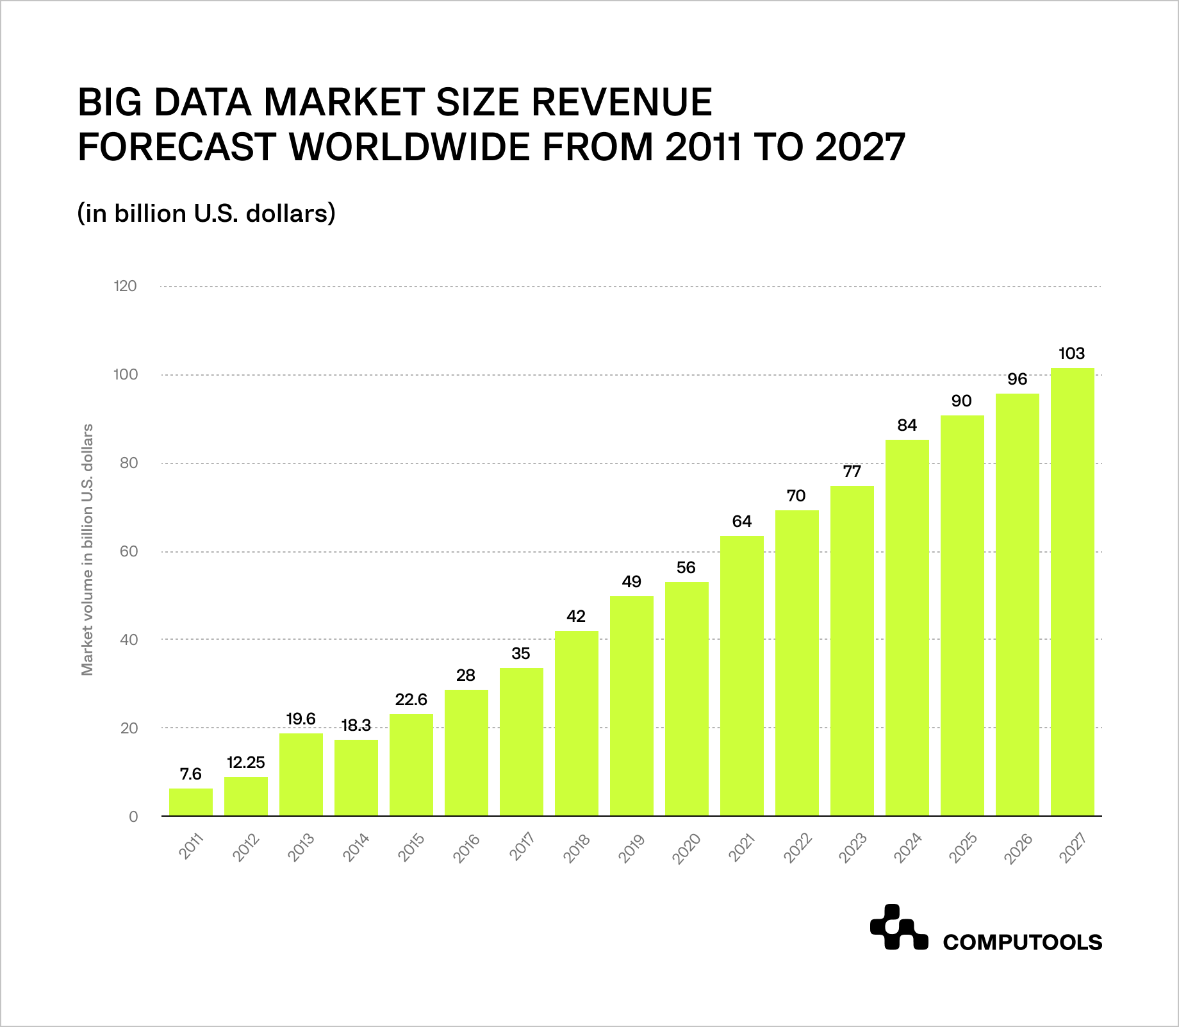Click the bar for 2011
coord(191,802)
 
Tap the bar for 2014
coord(356,778)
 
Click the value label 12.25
coord(245,762)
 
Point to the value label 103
coord(1071,353)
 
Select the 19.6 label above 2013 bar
coord(301,719)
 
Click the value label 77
coord(852,471)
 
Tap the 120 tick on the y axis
coord(126,286)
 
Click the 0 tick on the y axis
coord(133,817)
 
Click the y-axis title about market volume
coord(88,549)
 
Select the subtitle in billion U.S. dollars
coord(206,213)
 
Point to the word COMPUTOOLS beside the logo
coord(1023,942)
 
